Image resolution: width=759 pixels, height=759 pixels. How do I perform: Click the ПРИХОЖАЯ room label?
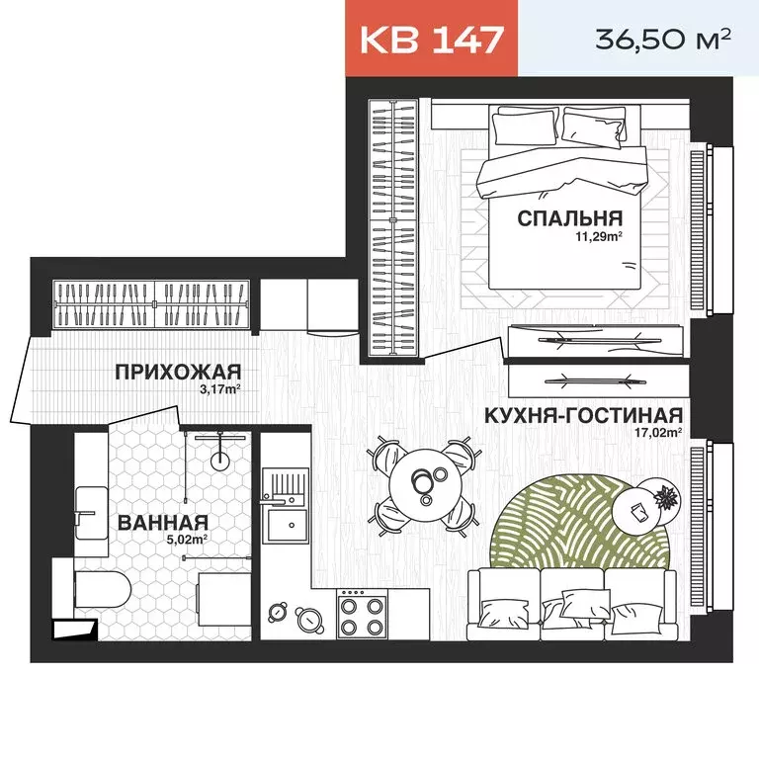tap(178, 372)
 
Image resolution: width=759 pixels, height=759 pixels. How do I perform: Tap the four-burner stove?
tap(362, 614)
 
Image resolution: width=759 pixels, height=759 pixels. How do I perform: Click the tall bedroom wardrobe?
tap(394, 227)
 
